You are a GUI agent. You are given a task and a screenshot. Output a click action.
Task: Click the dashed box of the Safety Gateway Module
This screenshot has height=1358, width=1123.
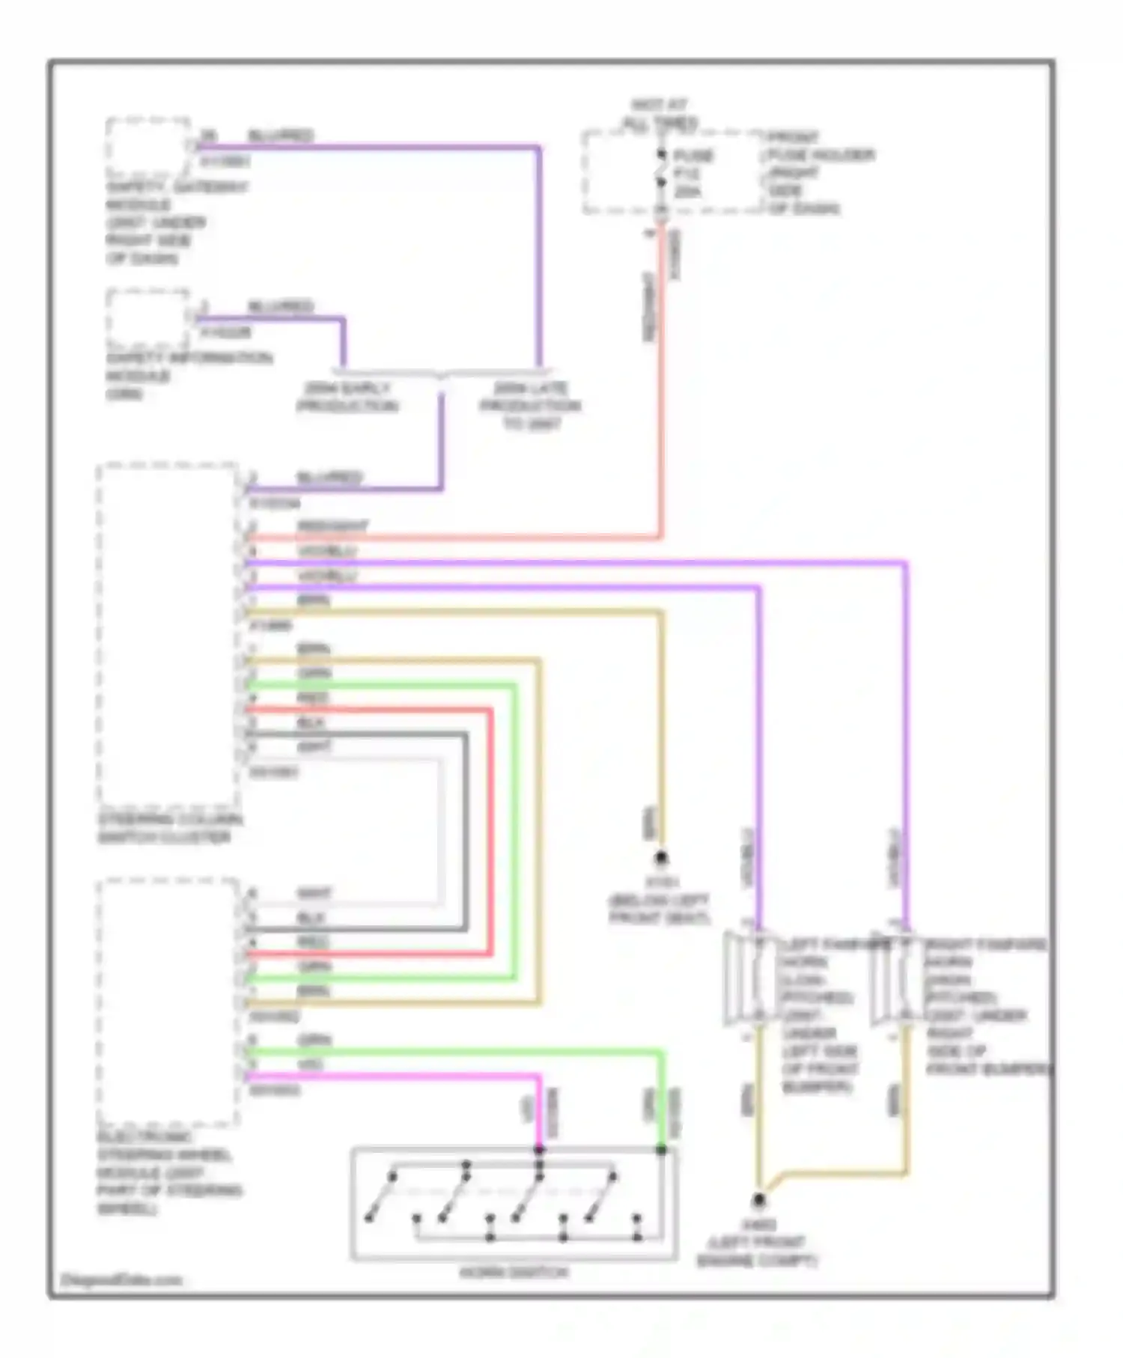tap(147, 147)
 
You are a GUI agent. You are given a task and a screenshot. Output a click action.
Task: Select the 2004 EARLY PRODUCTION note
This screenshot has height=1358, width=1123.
tap(347, 398)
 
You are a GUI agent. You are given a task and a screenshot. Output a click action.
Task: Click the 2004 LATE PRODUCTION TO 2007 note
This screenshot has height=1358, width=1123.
tap(530, 406)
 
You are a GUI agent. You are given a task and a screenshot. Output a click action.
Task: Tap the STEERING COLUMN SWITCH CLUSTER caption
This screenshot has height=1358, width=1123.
tap(170, 828)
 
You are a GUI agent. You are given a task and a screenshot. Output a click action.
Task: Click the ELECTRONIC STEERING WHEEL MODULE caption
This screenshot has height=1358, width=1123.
tap(168, 1172)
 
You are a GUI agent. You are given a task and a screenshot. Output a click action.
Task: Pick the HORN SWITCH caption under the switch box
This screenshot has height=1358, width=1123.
tap(514, 1272)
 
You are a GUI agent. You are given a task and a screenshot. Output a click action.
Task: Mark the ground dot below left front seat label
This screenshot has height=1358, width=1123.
tap(661, 858)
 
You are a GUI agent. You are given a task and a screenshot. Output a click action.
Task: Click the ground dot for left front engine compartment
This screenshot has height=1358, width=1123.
tap(759, 1201)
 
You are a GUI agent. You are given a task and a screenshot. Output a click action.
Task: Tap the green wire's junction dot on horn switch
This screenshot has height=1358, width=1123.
tap(662, 1149)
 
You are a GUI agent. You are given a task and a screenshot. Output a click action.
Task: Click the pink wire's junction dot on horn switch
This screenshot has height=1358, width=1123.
tap(539, 1149)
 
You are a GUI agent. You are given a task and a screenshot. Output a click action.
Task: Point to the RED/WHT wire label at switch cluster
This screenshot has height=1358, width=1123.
tap(332, 526)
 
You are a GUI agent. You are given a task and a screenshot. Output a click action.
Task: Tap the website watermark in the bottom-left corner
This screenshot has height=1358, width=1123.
tap(121, 1280)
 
